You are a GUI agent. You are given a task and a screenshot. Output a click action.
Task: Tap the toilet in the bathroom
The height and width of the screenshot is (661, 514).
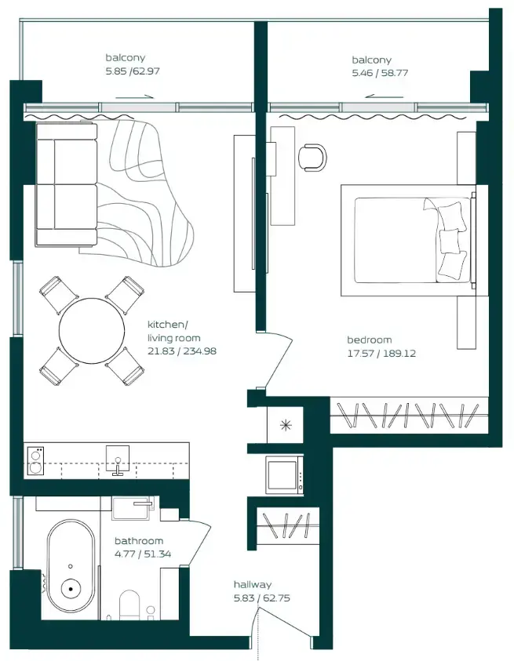[129, 606]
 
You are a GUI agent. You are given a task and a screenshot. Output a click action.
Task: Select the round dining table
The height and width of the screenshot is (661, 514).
[92, 332]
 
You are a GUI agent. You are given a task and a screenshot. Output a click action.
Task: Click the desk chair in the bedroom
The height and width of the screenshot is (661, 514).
[313, 157]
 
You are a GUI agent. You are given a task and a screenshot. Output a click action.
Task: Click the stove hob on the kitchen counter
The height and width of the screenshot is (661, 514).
[35, 459]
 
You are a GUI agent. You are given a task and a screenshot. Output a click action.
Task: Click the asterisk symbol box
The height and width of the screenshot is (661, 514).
[285, 426]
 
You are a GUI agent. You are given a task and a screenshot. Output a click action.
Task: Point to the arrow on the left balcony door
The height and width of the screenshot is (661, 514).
[132, 97]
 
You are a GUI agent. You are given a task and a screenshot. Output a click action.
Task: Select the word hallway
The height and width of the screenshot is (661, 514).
[253, 585]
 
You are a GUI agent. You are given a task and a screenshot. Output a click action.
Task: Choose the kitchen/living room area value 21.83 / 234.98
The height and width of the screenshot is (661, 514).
[181, 351]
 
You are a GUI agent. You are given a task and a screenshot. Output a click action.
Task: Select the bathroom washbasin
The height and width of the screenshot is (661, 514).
[130, 509]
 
